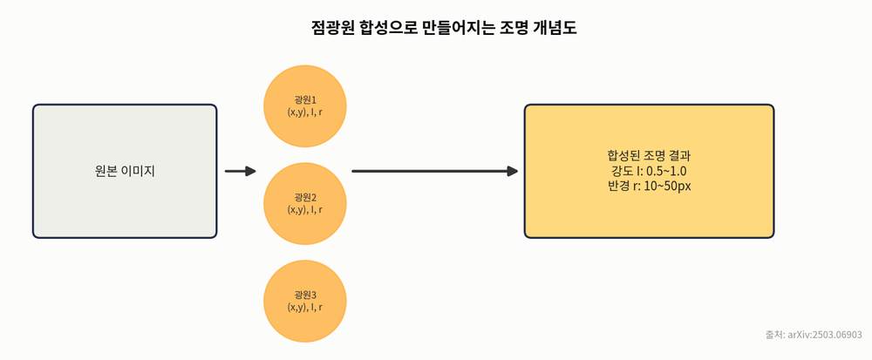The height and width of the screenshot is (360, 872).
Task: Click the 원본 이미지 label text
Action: pos(125,171)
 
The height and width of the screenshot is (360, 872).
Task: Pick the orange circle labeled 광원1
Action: pos(304,106)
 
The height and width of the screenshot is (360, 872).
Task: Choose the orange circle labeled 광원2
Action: pos(304,203)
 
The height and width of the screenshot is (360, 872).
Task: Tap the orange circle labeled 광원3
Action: pos(304,301)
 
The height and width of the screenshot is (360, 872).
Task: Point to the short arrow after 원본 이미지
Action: pos(241,171)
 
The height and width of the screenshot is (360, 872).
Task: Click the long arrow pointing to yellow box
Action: pos(435,171)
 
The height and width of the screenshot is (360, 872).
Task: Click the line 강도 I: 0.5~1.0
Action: pos(650,171)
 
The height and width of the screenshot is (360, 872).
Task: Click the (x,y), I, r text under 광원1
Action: pos(304,112)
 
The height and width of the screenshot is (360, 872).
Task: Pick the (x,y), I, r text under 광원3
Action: pos(304,306)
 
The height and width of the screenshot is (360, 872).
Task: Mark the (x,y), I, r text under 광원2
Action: pos(304,209)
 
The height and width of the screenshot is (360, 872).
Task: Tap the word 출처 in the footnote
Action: pos(773,335)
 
